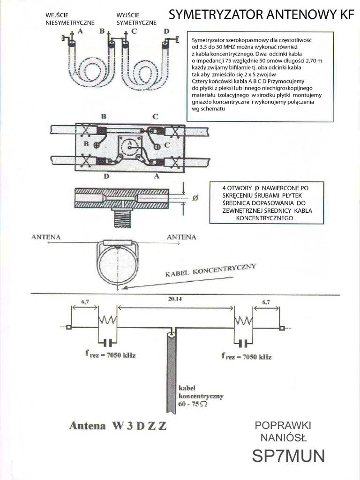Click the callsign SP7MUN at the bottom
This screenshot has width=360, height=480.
pos(288,456)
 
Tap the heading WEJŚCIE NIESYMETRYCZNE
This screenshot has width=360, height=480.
pos(70,19)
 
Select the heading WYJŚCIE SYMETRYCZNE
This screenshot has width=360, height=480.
pos(136,19)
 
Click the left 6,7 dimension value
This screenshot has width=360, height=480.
pos(85,302)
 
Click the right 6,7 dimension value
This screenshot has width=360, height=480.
pos(266,302)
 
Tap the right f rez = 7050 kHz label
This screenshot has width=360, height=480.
pos(247,357)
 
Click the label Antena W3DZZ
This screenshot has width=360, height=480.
pos(117,426)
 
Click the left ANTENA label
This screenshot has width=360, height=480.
pos(46,237)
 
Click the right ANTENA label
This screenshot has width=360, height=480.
pos(181,237)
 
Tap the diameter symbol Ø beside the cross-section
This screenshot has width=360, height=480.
pos(195,198)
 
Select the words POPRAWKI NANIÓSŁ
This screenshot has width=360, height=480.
pos(283,432)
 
